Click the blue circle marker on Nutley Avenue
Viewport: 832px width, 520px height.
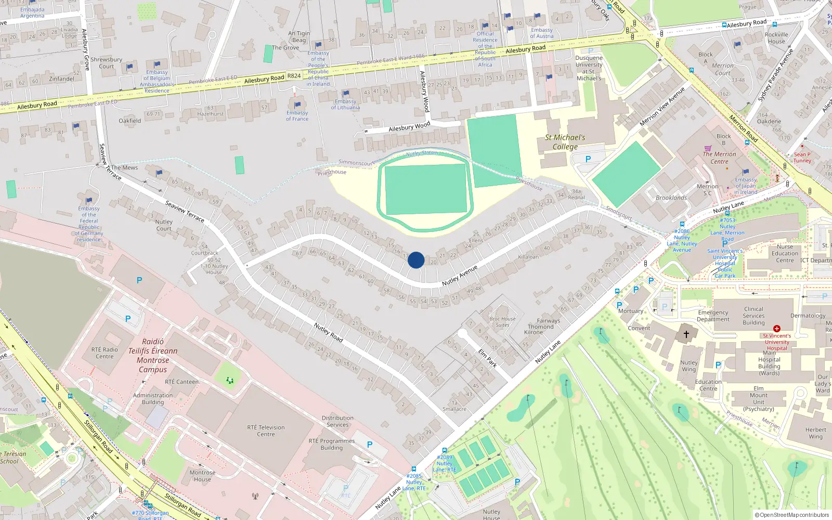pyautogui.click(x=416, y=260)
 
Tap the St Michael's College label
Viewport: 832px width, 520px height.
pyautogui.click(x=565, y=142)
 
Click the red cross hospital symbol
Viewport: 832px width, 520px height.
pyautogui.click(x=776, y=329)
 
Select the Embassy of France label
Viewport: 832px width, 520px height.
pyautogui.click(x=297, y=116)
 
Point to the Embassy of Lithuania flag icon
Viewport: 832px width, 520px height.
pyautogui.click(x=346, y=94)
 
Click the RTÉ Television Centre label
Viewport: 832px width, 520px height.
pyautogui.click(x=266, y=431)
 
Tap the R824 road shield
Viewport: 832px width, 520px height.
pyautogui.click(x=294, y=76)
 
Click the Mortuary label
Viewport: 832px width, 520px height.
pyautogui.click(x=630, y=311)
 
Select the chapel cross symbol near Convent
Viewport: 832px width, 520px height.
pyautogui.click(x=686, y=334)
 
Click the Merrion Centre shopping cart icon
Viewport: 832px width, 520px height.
pyautogui.click(x=708, y=148)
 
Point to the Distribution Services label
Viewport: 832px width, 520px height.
pyautogui.click(x=337, y=421)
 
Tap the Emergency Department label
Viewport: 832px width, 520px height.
pyautogui.click(x=713, y=316)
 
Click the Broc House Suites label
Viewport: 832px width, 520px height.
pyautogui.click(x=502, y=322)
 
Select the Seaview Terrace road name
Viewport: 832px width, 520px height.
pyautogui.click(x=185, y=212)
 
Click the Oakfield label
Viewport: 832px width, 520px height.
pyautogui.click(x=129, y=121)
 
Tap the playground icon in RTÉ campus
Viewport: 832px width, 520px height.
pyautogui.click(x=229, y=381)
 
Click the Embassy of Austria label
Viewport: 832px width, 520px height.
pyautogui.click(x=541, y=33)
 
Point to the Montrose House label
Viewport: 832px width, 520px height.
pyautogui.click(x=202, y=476)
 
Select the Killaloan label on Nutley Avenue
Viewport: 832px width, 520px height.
pyautogui.click(x=528, y=257)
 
